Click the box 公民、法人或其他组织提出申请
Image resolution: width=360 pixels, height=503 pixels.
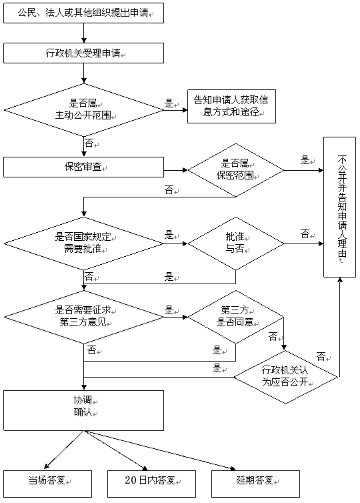tap(84, 13)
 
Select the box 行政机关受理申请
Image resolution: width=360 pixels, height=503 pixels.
tap(84, 53)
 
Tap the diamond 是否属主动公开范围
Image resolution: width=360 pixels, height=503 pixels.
tap(84, 110)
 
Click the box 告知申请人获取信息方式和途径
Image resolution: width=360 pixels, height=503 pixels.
tap(231, 106)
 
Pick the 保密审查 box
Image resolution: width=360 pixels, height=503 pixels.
tap(84, 167)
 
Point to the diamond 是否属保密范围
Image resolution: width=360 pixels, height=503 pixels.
tap(236, 170)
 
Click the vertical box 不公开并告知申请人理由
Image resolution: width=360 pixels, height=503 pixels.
tap(340, 207)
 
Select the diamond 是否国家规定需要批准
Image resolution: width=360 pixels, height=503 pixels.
tap(84, 243)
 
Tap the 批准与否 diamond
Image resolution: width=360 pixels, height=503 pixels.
tap(236, 243)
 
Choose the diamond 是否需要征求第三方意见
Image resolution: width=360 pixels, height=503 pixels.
tap(84, 317)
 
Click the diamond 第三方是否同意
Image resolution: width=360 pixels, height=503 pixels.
tap(236, 317)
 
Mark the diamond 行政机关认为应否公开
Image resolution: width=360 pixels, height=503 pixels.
tap(286, 377)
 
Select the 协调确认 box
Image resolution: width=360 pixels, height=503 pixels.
tap(84, 410)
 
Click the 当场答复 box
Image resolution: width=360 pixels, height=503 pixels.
tap(48, 484)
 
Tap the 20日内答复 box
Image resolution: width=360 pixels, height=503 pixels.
tap(151, 484)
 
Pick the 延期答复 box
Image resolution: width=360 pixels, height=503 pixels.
tap(256, 484)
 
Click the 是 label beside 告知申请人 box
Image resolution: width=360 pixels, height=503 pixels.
tap(169, 103)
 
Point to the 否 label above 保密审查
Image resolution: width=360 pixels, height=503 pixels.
tap(89, 143)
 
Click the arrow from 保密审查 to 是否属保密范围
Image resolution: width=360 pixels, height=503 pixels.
tap(176, 170)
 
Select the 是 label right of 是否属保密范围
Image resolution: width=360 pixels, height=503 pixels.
tap(305, 159)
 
